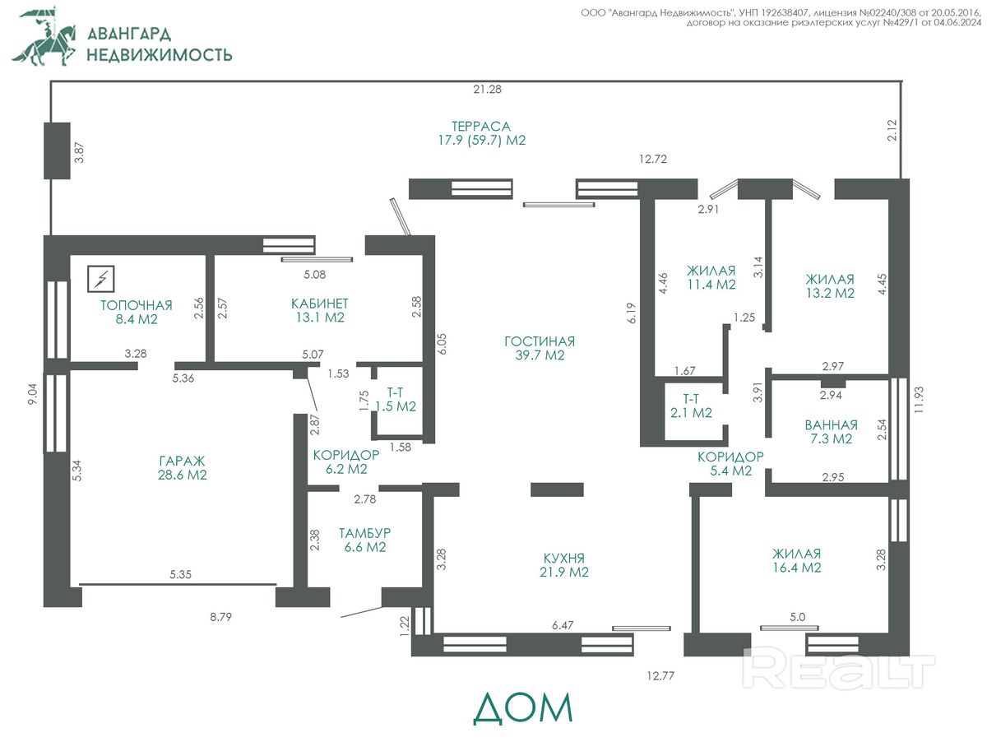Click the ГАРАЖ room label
tap(182, 461)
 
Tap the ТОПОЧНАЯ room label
tap(137, 305)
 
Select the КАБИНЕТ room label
tap(319, 303)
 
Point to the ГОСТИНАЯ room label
tap(539, 341)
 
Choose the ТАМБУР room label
tap(364, 532)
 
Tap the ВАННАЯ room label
tap(831, 425)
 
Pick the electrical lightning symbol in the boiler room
tap(101, 279)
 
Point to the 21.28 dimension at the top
tap(487, 89)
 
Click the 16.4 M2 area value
tap(796, 568)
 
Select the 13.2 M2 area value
tap(830, 293)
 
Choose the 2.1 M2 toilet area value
tap(692, 413)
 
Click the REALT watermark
tap(839, 668)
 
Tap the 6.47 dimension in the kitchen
tap(563, 626)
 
